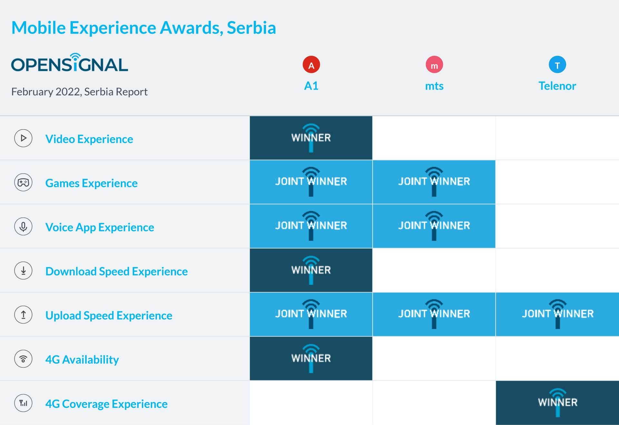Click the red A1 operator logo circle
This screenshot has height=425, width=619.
311,65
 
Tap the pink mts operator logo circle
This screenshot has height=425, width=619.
434,65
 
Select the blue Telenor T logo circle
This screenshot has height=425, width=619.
557,65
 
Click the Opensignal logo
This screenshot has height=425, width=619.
70,63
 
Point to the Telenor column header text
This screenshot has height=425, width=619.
557,86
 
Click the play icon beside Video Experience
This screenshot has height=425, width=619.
23,138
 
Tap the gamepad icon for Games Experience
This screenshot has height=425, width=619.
23,182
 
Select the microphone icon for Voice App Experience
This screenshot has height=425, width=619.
23,227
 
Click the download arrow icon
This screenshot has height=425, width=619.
23,271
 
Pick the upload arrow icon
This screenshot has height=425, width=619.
23,315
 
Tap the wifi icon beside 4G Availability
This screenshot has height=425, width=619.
23,359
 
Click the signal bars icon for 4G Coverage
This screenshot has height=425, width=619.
23,403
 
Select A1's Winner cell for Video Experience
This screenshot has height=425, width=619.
311,138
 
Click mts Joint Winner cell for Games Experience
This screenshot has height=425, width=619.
434,182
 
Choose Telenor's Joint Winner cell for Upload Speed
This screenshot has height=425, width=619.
557,314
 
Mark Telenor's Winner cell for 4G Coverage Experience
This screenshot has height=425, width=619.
557,403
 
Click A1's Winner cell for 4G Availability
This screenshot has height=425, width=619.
311,359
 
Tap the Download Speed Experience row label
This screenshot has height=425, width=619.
116,271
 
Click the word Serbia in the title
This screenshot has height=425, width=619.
251,28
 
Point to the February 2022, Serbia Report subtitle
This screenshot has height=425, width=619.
79,92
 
